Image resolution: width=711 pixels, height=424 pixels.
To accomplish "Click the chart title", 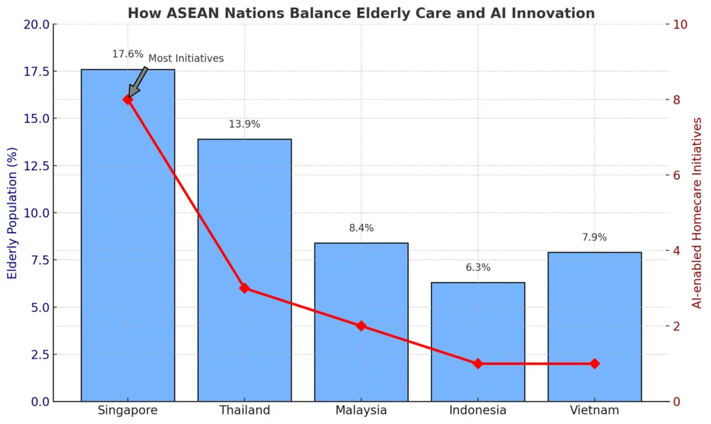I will [361, 13].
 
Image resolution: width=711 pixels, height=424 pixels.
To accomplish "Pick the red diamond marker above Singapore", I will [128, 99].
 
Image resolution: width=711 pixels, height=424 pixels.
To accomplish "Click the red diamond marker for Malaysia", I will [361, 326].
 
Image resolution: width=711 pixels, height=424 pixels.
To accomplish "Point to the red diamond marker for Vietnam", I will [594, 364].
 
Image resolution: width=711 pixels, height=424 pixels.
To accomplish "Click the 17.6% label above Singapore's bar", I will [128, 54].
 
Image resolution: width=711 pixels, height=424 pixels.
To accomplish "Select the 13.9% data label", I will [244, 124].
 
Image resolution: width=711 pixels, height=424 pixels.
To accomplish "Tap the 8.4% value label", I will [361, 228].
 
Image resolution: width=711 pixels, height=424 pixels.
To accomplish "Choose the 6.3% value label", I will [478, 268].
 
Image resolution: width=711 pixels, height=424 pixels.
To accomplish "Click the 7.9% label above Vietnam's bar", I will [594, 238].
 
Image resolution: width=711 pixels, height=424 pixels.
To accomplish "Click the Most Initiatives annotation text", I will [186, 58].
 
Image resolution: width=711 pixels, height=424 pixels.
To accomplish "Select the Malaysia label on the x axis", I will [361, 411].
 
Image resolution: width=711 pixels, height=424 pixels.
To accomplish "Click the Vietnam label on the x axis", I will [594, 411].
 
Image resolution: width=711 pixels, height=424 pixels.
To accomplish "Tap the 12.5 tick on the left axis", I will [36, 166].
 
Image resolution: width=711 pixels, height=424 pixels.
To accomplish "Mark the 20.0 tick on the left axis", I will [36, 24].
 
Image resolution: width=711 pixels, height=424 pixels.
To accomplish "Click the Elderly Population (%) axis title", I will [12, 213].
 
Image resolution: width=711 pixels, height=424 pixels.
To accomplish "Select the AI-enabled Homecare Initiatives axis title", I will [698, 213].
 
